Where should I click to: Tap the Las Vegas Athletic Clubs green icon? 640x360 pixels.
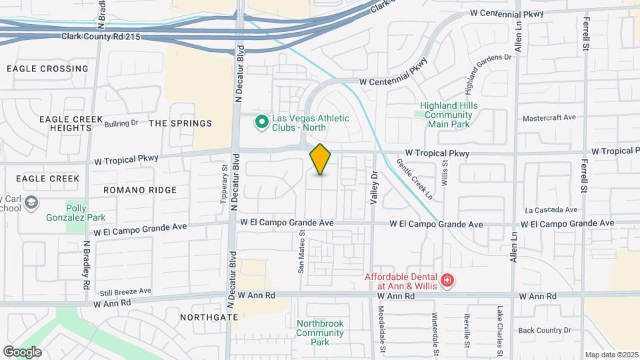point(262,122)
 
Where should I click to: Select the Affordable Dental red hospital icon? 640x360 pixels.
point(447,281)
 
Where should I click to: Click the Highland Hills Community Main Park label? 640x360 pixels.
point(446,114)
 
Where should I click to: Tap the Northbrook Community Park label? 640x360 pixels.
point(320,333)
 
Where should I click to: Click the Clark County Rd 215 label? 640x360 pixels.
point(101,37)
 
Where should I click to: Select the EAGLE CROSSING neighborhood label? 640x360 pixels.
point(47,69)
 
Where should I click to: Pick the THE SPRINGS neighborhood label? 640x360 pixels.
point(180,123)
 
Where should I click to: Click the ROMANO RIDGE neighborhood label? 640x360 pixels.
point(140,190)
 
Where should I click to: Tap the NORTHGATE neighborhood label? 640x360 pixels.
point(208,317)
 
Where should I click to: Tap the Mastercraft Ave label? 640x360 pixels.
point(549,117)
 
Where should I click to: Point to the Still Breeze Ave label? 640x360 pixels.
point(125,291)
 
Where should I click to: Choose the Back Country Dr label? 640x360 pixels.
point(545,330)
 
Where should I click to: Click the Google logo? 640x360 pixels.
point(22,351)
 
